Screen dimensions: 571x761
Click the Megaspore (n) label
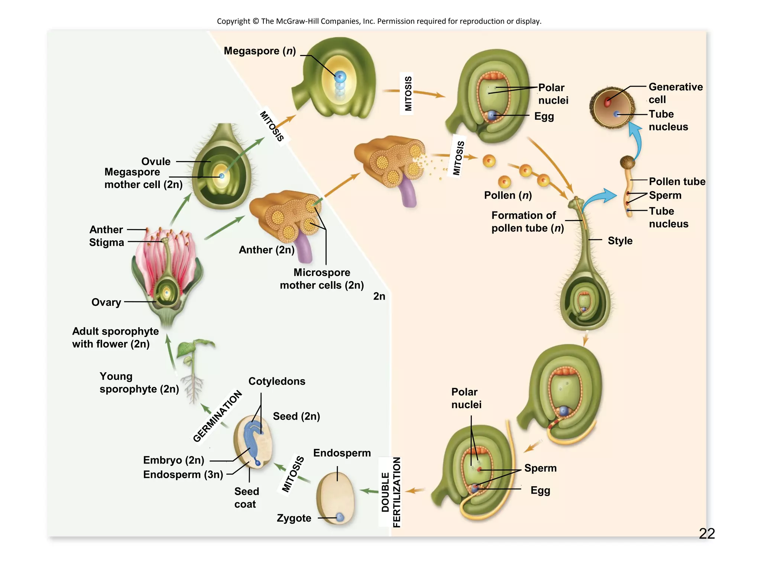pos(260,51)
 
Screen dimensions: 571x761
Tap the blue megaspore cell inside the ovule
pos(340,77)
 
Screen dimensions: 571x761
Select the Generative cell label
pos(675,93)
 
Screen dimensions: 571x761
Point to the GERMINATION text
pos(218,416)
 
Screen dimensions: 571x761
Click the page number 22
pos(706,534)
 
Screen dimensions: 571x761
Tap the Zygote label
pos(294,518)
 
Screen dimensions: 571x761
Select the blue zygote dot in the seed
pos(340,517)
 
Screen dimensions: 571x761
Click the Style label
pos(620,241)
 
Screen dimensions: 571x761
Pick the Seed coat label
pos(246,498)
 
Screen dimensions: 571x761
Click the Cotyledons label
pos(277,381)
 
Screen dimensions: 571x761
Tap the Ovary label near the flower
pos(106,302)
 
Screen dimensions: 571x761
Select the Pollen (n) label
pos(508,196)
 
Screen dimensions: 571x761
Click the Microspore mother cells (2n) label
pos(322,279)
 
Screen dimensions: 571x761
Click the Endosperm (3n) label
pos(183,475)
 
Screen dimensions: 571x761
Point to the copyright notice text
pos(379,21)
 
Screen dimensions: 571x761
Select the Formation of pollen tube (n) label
pos(527,222)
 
